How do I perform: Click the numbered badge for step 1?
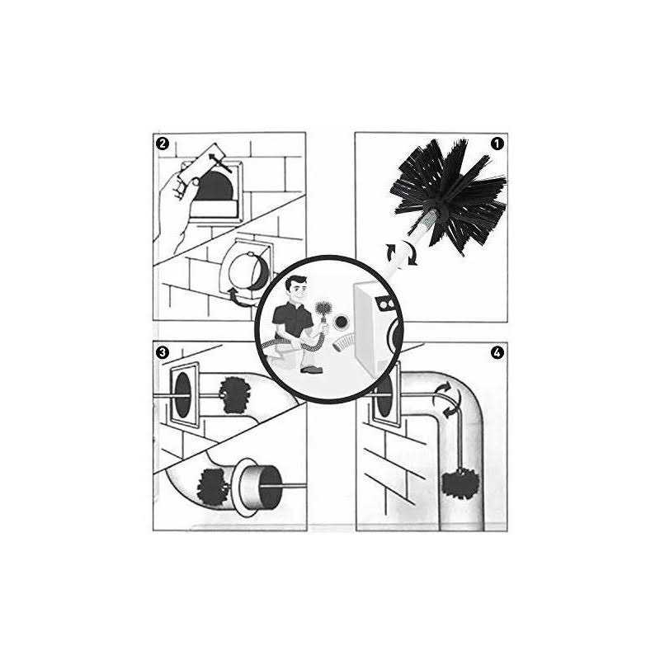click(x=497, y=143)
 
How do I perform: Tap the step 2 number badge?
click(x=163, y=144)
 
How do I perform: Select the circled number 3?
click(x=163, y=353)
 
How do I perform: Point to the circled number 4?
click(x=497, y=353)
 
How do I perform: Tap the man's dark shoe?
click(x=311, y=369)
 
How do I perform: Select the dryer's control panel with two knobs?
click(x=383, y=304)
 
